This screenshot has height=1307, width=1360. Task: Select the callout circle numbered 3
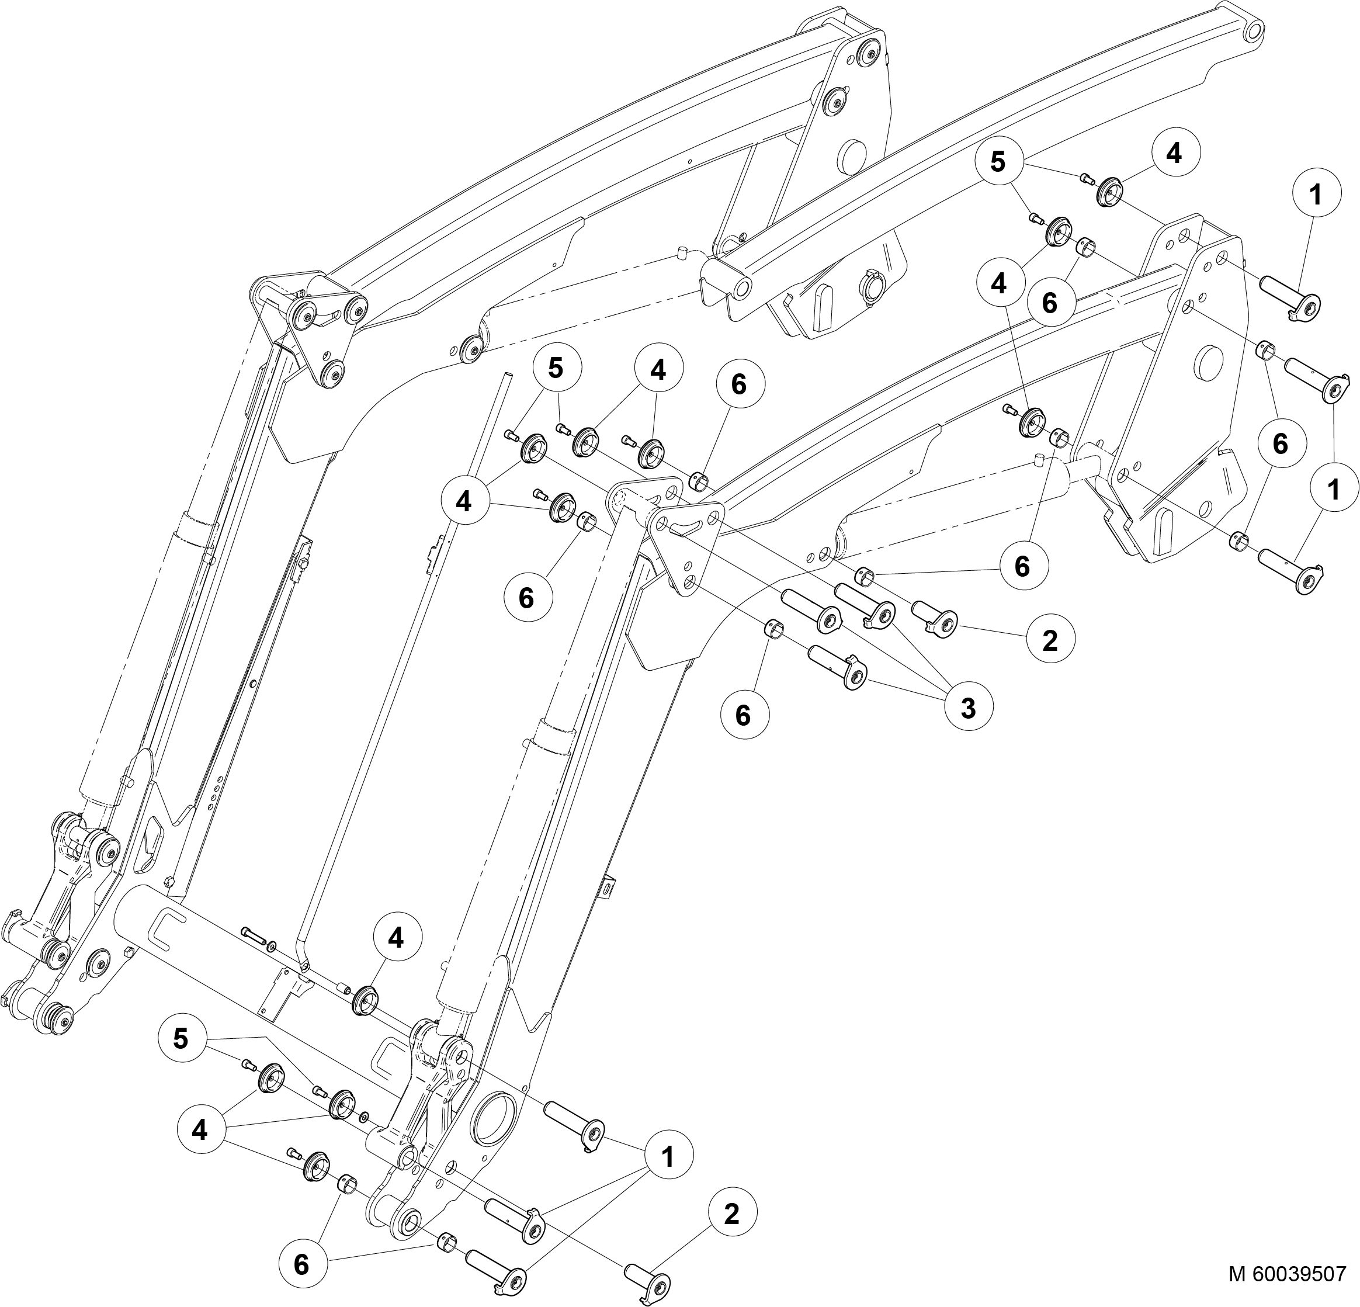pos(968,709)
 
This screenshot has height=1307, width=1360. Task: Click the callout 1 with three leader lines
pos(668,1156)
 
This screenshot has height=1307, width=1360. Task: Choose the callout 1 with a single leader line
pos(1315,196)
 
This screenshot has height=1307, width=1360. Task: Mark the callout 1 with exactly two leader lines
pos(1333,490)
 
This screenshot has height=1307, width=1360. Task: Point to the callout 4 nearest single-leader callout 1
pos(1173,154)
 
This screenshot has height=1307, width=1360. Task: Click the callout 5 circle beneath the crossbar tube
pos(181,1039)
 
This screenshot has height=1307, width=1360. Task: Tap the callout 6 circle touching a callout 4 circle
pos(1049,302)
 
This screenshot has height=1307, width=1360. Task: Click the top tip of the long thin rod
pos(507,376)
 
